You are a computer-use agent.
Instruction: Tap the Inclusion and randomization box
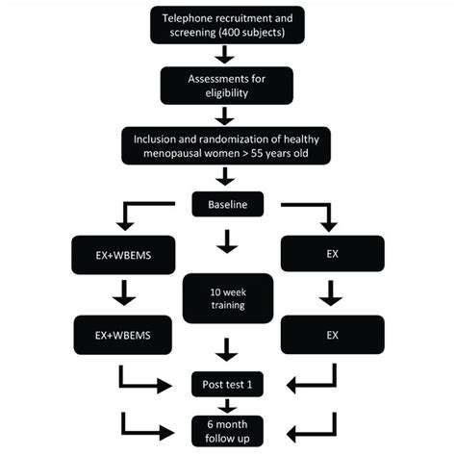click(227, 147)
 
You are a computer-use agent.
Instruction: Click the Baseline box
click(227, 203)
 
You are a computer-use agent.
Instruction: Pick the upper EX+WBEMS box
click(124, 256)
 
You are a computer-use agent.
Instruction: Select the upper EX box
click(330, 256)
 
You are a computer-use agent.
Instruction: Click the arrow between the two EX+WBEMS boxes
click(124, 294)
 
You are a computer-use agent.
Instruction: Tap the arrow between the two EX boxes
click(330, 294)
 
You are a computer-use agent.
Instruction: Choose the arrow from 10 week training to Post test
click(227, 347)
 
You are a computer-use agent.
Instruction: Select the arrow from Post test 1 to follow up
click(227, 405)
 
